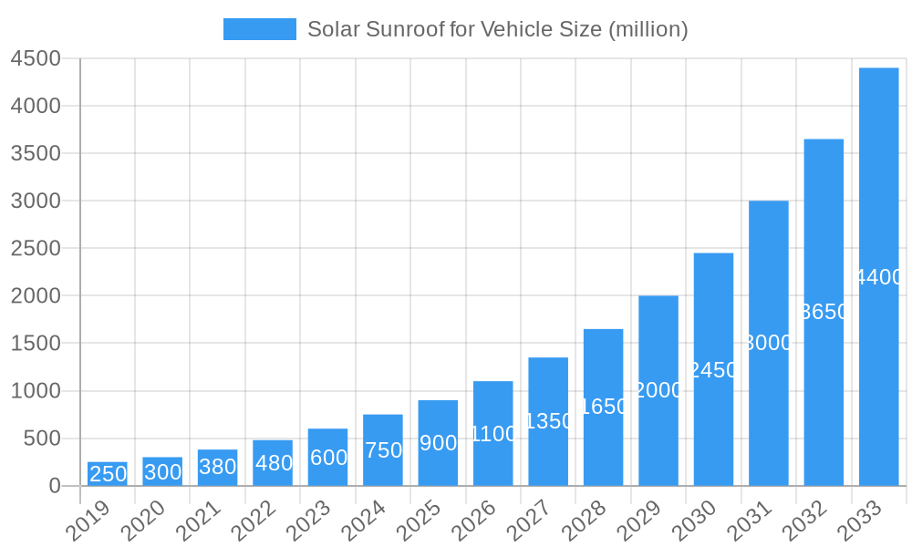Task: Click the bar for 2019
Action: (x=108, y=474)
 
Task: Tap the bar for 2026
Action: (x=493, y=433)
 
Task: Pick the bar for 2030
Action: (x=713, y=369)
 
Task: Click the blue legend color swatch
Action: (x=260, y=29)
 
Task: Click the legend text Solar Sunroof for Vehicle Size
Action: (x=497, y=29)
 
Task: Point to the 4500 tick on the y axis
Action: (x=36, y=58)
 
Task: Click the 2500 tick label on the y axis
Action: (x=36, y=248)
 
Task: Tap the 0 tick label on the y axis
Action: (x=55, y=486)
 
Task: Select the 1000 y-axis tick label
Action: (x=36, y=391)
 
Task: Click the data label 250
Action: (x=108, y=474)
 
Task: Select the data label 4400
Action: (x=878, y=277)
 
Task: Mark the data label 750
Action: (x=383, y=450)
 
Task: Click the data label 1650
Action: (x=604, y=407)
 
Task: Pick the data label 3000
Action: (x=769, y=343)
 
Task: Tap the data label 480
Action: (x=274, y=463)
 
